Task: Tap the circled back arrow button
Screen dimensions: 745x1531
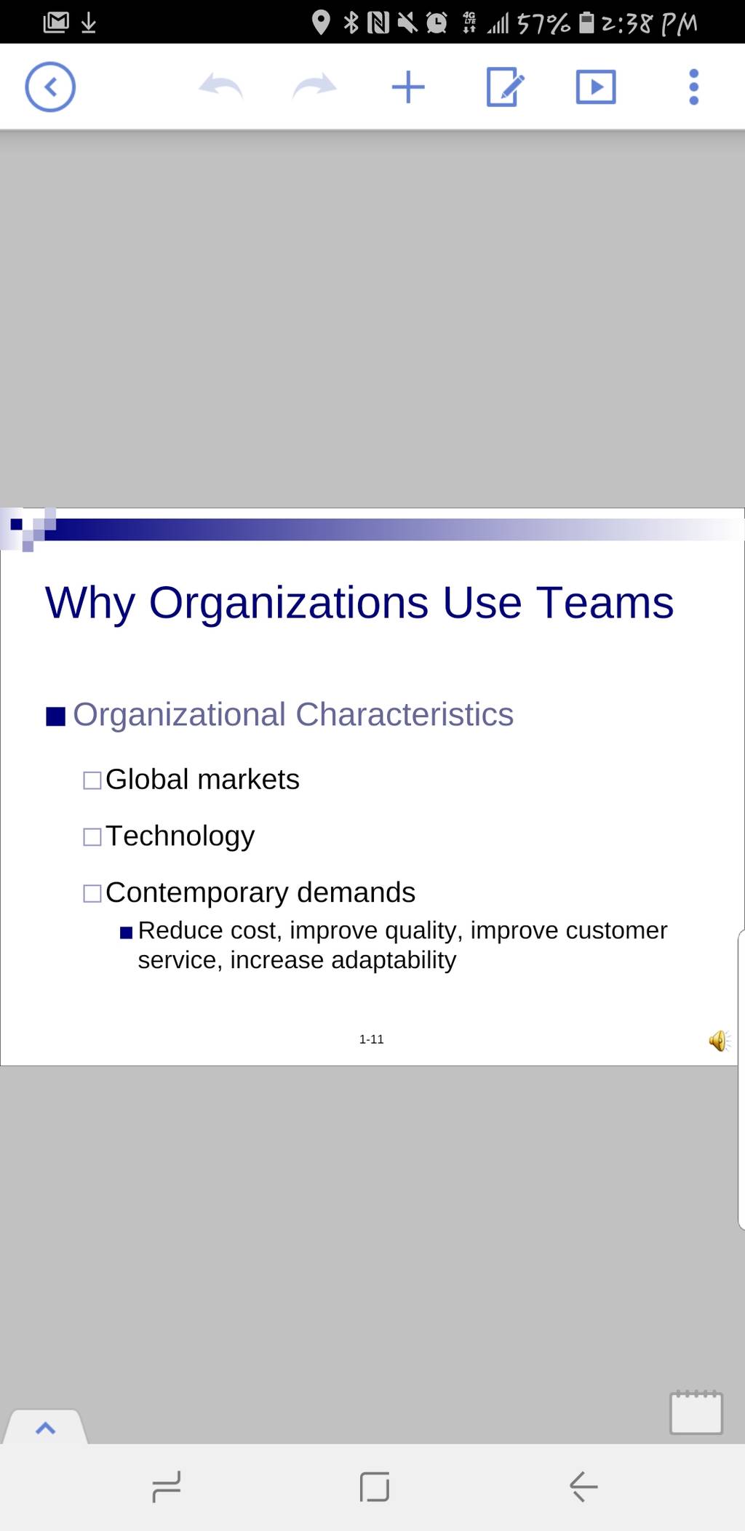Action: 50,87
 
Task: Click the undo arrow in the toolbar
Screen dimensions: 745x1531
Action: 220,86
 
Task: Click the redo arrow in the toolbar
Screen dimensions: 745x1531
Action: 314,86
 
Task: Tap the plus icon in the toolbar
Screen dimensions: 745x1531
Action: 408,87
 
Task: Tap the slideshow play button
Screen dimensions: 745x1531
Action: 596,87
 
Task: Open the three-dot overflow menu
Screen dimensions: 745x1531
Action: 694,87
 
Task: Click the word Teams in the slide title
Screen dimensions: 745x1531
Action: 605,603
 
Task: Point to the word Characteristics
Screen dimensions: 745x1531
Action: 405,714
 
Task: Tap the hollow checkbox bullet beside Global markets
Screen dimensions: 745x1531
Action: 92,780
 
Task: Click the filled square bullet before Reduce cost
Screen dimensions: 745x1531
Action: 127,932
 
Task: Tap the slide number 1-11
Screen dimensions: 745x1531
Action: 371,1039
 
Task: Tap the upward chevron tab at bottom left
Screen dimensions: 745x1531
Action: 45,1428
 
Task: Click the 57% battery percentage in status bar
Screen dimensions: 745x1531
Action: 543,23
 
